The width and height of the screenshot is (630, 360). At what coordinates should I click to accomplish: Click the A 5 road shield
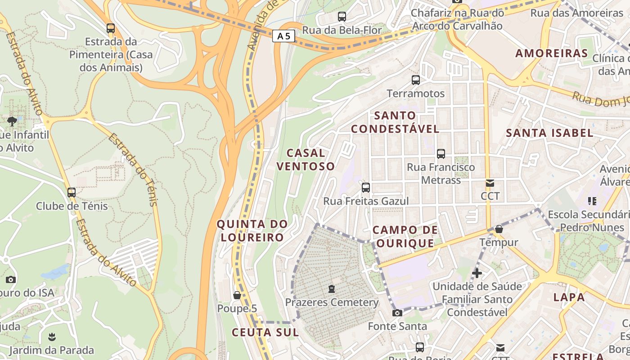[283, 36]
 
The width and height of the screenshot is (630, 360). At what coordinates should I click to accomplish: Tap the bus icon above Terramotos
[416, 80]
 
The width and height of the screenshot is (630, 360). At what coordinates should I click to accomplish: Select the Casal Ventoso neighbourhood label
[306, 160]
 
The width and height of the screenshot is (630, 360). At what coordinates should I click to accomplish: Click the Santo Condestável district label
[395, 122]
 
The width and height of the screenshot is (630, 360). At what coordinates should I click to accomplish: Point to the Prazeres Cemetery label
[332, 302]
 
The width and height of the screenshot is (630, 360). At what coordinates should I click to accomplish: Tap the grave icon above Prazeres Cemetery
[332, 288]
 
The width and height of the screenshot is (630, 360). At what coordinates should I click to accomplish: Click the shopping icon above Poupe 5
[237, 295]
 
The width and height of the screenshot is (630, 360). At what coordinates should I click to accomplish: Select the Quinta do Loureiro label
[252, 230]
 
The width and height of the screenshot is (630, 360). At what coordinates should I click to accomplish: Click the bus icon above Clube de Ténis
[72, 193]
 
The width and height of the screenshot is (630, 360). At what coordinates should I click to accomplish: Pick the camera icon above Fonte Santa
[397, 313]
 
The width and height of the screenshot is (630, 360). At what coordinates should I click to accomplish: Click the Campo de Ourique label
[405, 237]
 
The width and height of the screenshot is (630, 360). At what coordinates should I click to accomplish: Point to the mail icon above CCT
[490, 183]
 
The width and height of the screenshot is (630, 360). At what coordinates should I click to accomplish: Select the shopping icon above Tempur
[499, 229]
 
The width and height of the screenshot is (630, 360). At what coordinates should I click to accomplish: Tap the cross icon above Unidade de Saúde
[477, 273]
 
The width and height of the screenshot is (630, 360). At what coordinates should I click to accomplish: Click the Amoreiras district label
[551, 53]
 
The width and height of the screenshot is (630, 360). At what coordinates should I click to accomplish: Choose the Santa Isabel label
[549, 133]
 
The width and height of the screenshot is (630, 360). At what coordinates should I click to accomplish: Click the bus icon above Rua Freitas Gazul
[366, 187]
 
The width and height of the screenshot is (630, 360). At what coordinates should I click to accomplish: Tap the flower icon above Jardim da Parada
[52, 337]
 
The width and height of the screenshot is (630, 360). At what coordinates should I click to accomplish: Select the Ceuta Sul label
[265, 333]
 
